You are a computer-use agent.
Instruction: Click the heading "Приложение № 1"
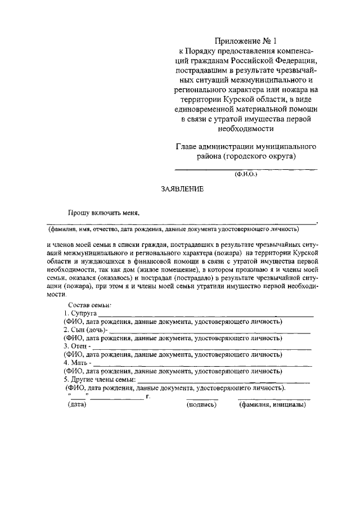tap(246, 41)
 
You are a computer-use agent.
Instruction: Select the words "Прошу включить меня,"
tap(103, 213)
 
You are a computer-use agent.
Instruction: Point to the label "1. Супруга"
tap(80, 313)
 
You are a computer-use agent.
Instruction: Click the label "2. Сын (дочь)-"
tap(85, 329)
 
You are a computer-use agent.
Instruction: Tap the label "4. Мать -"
tap(78, 363)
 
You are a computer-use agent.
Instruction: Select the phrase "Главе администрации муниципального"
tap(246, 147)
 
